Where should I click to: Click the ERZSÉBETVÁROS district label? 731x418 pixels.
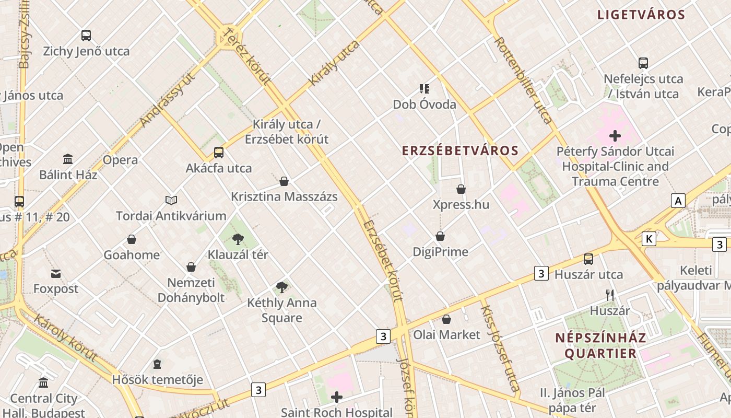click(460, 151)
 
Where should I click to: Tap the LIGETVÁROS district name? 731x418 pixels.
click(641, 15)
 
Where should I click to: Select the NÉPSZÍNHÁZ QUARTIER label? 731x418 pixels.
click(600, 345)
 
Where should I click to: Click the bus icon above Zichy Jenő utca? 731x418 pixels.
click(86, 36)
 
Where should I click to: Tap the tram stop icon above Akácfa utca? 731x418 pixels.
click(219, 153)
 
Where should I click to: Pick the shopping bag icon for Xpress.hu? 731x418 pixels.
click(461, 189)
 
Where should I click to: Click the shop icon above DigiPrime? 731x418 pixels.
click(440, 236)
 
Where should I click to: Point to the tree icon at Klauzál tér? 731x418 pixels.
click(238, 239)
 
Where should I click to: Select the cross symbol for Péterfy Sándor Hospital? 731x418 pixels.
click(615, 136)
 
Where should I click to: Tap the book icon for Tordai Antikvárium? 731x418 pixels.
click(171, 200)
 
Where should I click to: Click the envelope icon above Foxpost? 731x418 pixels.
click(56, 274)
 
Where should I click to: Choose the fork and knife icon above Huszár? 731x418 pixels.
click(609, 295)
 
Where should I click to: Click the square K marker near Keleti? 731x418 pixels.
click(649, 239)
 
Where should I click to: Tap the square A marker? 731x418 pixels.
click(678, 201)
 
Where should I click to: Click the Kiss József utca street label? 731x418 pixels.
click(500, 347)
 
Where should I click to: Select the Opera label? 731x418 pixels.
click(120, 160)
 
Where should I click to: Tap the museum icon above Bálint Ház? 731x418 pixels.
click(68, 159)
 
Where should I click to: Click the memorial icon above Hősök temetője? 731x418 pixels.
click(157, 364)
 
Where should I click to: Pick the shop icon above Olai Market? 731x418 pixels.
click(446, 319)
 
